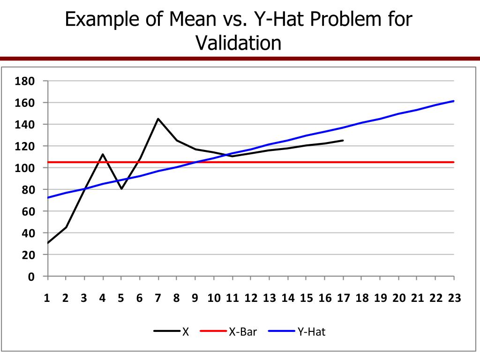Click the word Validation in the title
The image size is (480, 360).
click(239, 43)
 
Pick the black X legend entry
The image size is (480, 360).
click(186, 332)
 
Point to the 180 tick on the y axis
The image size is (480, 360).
click(24, 81)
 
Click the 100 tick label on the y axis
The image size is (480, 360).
click(24, 168)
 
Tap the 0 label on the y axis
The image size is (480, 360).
click(31, 277)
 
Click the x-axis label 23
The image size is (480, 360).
click(454, 299)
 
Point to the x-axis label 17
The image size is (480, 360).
click(343, 299)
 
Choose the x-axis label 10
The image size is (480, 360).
click(214, 299)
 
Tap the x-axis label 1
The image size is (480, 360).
click(47, 299)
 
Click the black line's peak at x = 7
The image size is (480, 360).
click(158, 119)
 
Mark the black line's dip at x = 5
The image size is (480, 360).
click(121, 189)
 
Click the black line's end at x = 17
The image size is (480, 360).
click(343, 140)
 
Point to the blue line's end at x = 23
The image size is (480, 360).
click(454, 101)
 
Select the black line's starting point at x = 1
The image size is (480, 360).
click(47, 243)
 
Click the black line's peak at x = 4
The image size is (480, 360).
click(103, 154)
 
